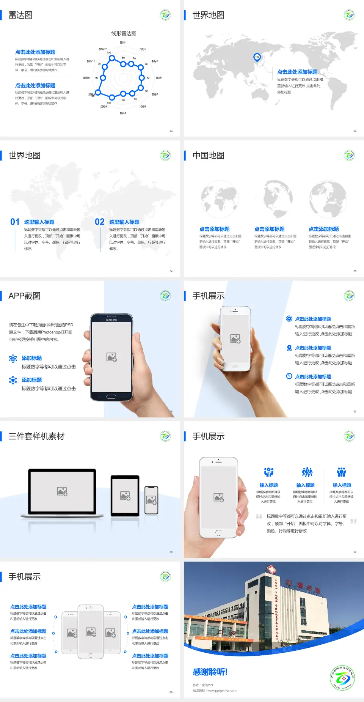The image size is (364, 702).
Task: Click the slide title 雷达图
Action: click(20, 15)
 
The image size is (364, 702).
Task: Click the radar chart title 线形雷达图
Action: click(124, 33)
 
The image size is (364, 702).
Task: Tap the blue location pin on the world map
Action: click(257, 57)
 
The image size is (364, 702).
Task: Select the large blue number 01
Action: click(15, 222)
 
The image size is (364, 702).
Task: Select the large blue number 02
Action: click(100, 222)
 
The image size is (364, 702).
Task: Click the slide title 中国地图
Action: click(208, 156)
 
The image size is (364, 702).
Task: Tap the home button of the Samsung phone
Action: click(111, 397)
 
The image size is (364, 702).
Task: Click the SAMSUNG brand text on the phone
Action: click(111, 320)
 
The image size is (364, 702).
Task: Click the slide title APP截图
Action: click(25, 296)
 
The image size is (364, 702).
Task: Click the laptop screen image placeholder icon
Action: click(62, 491)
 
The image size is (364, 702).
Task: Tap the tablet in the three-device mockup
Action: click(125, 496)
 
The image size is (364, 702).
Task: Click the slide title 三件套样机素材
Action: click(36, 436)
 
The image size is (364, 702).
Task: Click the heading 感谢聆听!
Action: click(210, 672)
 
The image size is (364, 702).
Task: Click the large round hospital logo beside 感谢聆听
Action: click(342, 678)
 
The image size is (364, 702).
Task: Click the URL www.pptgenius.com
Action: click(222, 691)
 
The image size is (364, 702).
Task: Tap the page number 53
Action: click(355, 131)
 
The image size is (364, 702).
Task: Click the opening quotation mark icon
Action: click(259, 516)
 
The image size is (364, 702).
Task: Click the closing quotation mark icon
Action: click(353, 521)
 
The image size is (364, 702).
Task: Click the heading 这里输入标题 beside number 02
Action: click(124, 222)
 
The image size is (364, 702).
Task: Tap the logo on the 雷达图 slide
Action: click(165, 15)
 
